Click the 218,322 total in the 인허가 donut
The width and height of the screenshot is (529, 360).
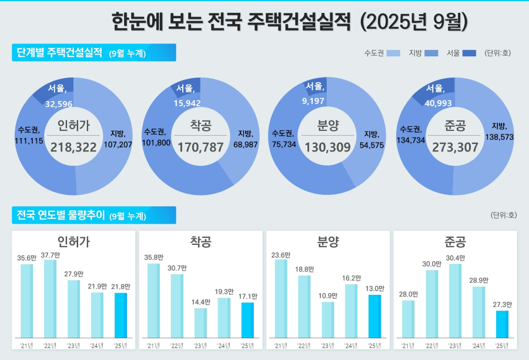click(73, 147)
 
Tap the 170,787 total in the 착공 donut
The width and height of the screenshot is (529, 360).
click(200, 147)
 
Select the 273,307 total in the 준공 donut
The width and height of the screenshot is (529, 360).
click(455, 147)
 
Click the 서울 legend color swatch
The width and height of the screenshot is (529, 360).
click(469, 53)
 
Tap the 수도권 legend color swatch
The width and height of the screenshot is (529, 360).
click(394, 53)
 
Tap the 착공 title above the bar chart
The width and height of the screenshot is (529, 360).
click(200, 241)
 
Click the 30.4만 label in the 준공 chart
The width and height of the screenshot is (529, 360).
click(455, 258)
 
